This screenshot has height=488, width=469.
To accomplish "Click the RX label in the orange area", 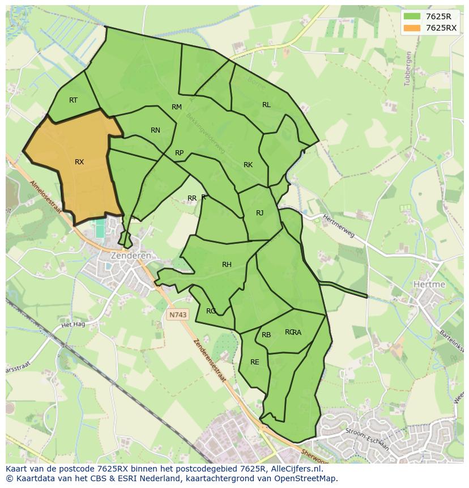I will click(79, 162).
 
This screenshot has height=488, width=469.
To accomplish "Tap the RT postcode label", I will click(73, 100).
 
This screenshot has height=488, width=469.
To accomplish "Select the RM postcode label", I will click(177, 107).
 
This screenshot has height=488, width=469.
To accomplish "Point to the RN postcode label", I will click(155, 130).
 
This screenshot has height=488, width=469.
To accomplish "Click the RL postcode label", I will click(266, 105).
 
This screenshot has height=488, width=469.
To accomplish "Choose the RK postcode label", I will click(248, 165).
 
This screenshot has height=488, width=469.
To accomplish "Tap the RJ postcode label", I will click(260, 213).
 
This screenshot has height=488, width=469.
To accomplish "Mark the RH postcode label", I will click(227, 265).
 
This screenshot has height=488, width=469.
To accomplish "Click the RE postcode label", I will click(255, 362).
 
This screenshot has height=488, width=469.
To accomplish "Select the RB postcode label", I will click(266, 335).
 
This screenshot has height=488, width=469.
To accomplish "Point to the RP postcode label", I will click(180, 153).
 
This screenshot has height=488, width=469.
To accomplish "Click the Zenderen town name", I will click(131, 256).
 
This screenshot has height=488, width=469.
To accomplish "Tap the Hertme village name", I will click(429, 284).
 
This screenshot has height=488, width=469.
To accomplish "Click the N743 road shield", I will click(177, 313).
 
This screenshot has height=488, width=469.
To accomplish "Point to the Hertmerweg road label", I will click(339, 226).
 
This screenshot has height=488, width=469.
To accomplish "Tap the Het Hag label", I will click(73, 325).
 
